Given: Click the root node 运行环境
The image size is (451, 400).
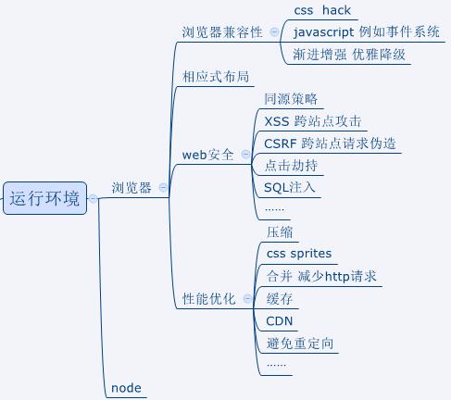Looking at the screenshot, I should (x=44, y=198).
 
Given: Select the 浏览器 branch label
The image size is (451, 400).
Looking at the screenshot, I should (x=132, y=188).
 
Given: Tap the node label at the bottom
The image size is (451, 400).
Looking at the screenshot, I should (x=126, y=388).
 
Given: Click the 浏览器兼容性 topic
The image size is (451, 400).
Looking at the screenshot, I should (x=223, y=31).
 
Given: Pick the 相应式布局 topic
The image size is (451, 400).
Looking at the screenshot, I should (x=216, y=77).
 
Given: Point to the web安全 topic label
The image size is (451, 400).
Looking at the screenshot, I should (x=207, y=155).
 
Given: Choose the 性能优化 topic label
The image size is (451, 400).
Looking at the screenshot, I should (x=208, y=299).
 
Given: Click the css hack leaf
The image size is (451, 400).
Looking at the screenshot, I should (x=321, y=10).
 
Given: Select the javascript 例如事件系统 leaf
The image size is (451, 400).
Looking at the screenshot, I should (x=366, y=32).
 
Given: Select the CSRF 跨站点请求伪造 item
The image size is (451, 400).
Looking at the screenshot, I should (x=330, y=144).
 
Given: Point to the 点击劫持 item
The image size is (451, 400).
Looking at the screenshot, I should (x=291, y=166).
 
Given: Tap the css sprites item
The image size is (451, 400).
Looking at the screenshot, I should (x=298, y=253).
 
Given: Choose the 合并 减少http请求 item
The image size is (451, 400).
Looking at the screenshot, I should (x=320, y=276).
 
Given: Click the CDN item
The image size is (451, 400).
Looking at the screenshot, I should (x=280, y=321).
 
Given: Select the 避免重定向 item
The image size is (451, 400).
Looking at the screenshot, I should (x=300, y=344).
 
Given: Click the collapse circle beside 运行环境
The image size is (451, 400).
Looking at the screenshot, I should (x=94, y=198).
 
